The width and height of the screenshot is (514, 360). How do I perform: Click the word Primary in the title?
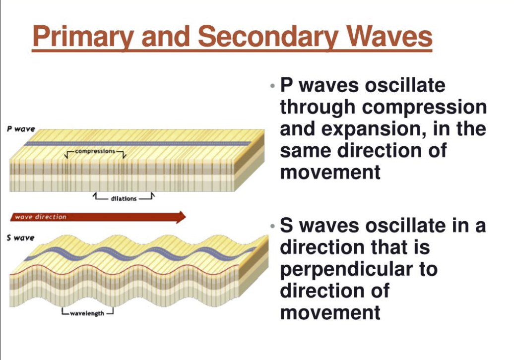[x=83, y=37]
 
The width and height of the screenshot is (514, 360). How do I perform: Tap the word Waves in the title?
[x=390, y=36]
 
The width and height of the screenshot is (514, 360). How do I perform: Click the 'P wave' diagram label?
[x=21, y=129]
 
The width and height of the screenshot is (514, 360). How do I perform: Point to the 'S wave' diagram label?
[x=20, y=238]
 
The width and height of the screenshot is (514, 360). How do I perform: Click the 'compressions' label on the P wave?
[x=95, y=151]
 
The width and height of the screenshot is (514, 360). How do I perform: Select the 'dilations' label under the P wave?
[x=124, y=198]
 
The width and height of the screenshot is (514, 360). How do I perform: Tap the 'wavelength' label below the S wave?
[x=87, y=313]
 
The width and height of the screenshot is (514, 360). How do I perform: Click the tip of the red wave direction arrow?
[x=186, y=217]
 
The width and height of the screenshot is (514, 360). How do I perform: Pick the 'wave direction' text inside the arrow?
[x=41, y=217]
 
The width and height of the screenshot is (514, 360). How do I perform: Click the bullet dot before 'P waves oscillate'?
[x=273, y=86]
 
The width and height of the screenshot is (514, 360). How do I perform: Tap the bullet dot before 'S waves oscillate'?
[x=273, y=226]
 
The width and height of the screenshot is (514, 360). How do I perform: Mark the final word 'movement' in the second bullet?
[x=330, y=313]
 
